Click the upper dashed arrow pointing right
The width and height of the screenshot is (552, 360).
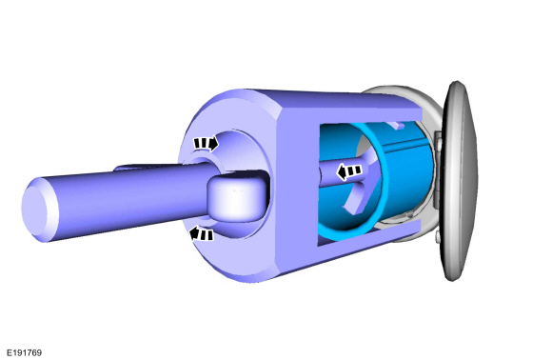(206, 144)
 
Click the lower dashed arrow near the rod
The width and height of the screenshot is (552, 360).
(202, 234)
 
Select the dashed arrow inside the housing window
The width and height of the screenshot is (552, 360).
(349, 171)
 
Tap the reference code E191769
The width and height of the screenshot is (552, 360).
(25, 352)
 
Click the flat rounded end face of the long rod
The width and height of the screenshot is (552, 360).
(34, 210)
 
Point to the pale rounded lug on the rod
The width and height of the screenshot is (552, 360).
(236, 199)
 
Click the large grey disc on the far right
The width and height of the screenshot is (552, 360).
(459, 181)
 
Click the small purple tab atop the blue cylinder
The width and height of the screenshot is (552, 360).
(396, 125)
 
